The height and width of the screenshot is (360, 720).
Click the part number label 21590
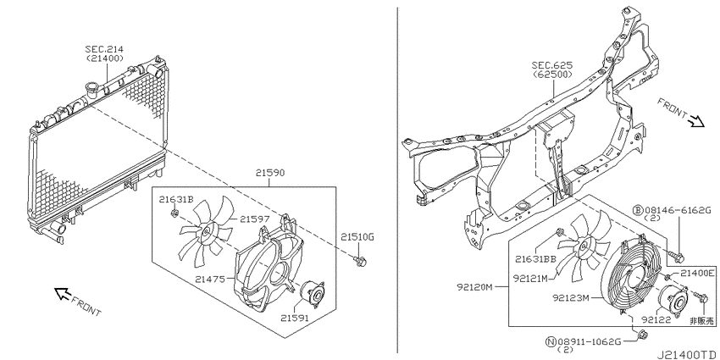tap(270, 173)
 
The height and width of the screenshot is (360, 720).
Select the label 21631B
tap(176, 199)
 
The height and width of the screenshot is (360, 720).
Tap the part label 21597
tap(254, 220)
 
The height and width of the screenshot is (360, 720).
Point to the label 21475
tap(209, 279)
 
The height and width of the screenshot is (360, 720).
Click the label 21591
tap(295, 318)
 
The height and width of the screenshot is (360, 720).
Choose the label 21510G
tap(357, 237)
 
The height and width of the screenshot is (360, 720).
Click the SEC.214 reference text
tap(104, 48)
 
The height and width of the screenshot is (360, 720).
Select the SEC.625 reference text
tap(552, 65)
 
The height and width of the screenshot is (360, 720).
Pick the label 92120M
tap(474, 287)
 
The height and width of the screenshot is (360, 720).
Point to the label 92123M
tap(570, 298)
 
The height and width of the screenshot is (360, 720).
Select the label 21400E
tap(697, 274)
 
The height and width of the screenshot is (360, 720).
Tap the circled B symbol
tap(639, 210)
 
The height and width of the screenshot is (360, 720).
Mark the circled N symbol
tap(550, 341)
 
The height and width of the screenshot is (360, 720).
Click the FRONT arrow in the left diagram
tap(62, 293)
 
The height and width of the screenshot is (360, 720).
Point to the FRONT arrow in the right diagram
tap(696, 121)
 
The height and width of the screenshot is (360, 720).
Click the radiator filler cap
tap(91, 89)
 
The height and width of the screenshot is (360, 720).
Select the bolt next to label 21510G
tap(359, 262)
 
